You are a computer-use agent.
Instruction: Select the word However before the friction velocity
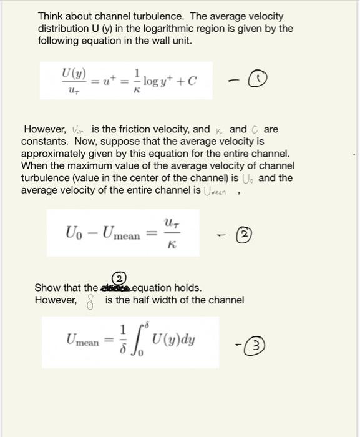click(x=45, y=129)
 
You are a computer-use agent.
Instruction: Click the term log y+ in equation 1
click(x=156, y=81)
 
